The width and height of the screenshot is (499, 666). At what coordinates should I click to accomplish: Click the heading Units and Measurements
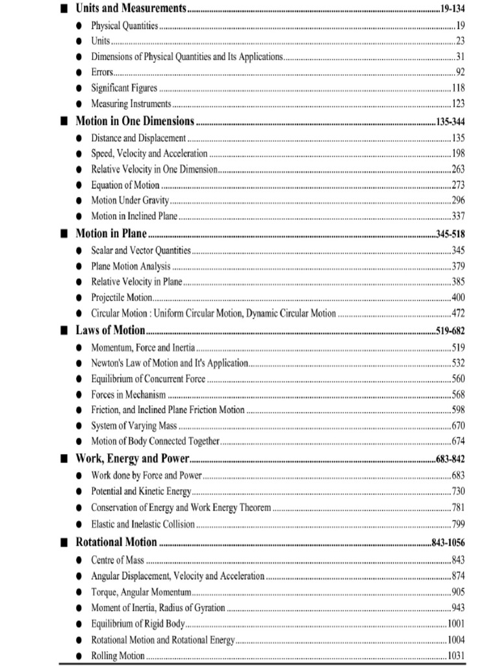131,9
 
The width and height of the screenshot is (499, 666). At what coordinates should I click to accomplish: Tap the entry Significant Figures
123,88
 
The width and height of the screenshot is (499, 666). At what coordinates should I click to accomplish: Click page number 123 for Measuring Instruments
458,103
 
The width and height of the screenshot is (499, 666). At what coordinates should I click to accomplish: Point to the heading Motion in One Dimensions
134,121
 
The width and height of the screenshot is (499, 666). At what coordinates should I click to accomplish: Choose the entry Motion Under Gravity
129,200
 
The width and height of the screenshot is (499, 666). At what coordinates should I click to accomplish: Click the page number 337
458,216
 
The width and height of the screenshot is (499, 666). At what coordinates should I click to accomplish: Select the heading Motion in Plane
111,233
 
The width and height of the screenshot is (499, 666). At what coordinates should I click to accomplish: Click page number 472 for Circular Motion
458,313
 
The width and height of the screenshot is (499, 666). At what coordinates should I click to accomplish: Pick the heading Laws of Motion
110,330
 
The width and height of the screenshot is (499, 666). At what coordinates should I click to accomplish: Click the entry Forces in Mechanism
128,394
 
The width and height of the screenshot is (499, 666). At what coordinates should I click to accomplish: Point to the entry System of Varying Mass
134,426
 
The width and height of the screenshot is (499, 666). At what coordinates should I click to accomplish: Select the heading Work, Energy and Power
136,458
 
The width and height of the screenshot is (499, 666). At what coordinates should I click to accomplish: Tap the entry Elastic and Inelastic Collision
142,524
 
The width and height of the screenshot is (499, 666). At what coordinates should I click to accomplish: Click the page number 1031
456,656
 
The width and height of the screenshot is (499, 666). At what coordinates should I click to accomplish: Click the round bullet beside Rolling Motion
79,656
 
